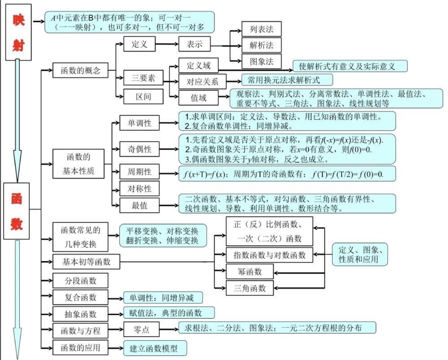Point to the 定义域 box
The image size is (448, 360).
198,65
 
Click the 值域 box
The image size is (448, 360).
198,97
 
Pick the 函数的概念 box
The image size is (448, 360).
81,70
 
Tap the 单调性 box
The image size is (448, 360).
139,122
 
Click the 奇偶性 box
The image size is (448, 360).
139,149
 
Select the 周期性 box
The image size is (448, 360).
139,172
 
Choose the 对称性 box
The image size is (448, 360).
139,189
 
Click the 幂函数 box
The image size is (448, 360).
250,271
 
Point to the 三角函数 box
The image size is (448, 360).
250,287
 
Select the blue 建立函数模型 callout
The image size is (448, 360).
155,348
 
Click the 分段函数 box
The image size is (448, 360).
81,281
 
